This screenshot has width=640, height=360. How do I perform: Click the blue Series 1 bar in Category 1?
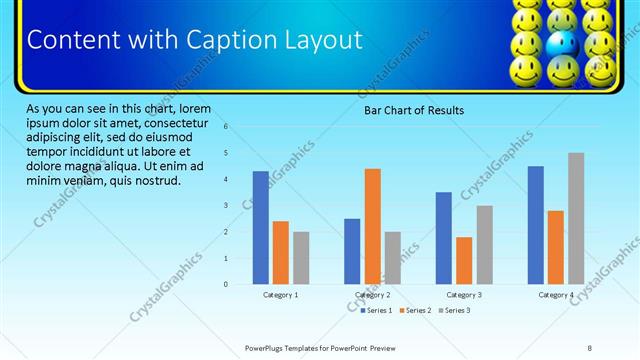260,228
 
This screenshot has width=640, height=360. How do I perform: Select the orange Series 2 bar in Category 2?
372,227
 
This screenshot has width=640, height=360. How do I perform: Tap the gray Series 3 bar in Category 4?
576,219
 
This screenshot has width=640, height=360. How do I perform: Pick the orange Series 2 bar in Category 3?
464,261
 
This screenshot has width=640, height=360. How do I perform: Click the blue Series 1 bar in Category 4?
535,225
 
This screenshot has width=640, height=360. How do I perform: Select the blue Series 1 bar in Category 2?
352,252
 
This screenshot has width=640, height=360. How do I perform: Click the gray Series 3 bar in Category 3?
484,245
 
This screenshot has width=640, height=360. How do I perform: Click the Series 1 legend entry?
378,311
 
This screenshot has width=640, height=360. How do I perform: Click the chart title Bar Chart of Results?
413,110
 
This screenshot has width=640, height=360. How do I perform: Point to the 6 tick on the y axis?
226,127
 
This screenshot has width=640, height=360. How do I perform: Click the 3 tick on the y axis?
226,206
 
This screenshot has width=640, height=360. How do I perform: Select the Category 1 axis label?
281,295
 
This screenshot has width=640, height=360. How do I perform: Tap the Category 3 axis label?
464,295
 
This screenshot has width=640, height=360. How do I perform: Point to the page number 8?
590,347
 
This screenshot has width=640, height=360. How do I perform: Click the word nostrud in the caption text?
155,181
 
